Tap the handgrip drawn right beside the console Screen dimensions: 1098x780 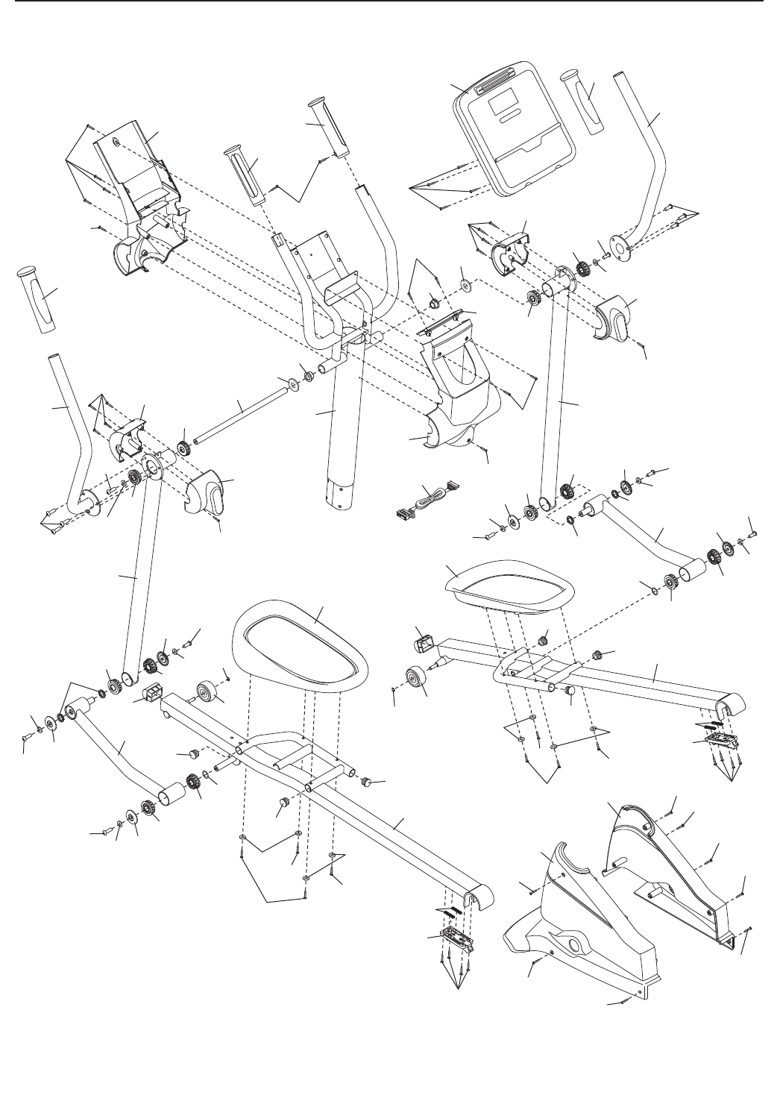590,103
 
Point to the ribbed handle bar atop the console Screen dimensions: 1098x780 495,78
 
